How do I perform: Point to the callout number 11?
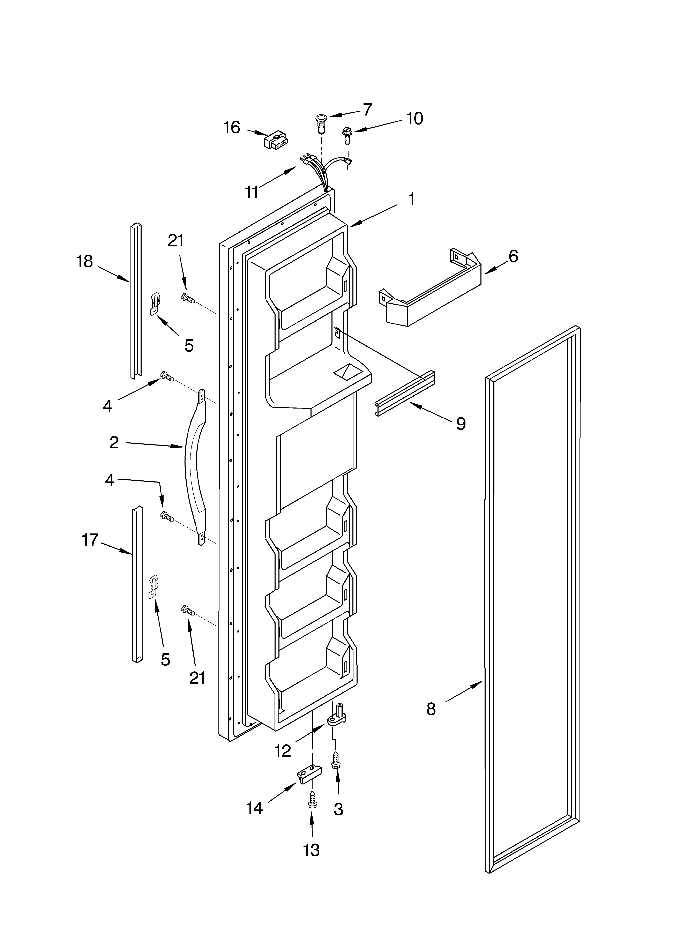[x=251, y=192]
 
